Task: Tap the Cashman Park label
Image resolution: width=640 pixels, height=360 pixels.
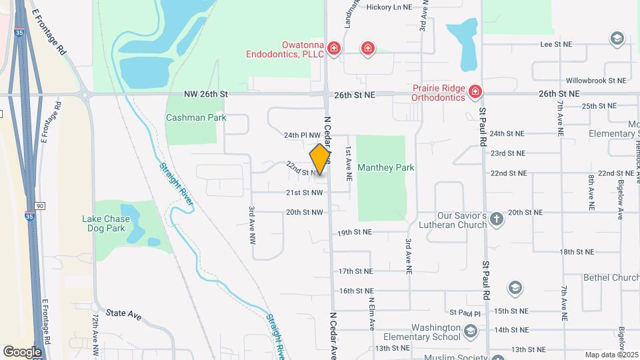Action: [x=196, y=117]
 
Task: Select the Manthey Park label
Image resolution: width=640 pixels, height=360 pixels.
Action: [x=385, y=167]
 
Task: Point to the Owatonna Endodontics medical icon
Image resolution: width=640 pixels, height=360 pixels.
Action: [x=334, y=48]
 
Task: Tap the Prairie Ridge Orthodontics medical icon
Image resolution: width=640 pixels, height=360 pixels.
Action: [x=475, y=91]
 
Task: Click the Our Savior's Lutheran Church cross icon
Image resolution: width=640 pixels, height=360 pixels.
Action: [x=497, y=219]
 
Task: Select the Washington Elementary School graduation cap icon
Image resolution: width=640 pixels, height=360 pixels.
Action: [x=470, y=331]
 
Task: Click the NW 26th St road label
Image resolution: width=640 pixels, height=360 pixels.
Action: [x=206, y=95]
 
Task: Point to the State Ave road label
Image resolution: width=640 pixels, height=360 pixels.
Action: [x=123, y=313]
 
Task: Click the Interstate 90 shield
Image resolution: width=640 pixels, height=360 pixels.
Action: [x=40, y=205]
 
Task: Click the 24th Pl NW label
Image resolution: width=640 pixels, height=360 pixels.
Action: [x=303, y=135]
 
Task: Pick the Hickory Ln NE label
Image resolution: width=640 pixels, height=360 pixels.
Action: [x=389, y=7]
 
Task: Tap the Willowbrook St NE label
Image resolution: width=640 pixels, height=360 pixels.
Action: [x=596, y=80]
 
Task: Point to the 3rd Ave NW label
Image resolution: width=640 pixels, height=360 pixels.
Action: [x=253, y=224]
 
